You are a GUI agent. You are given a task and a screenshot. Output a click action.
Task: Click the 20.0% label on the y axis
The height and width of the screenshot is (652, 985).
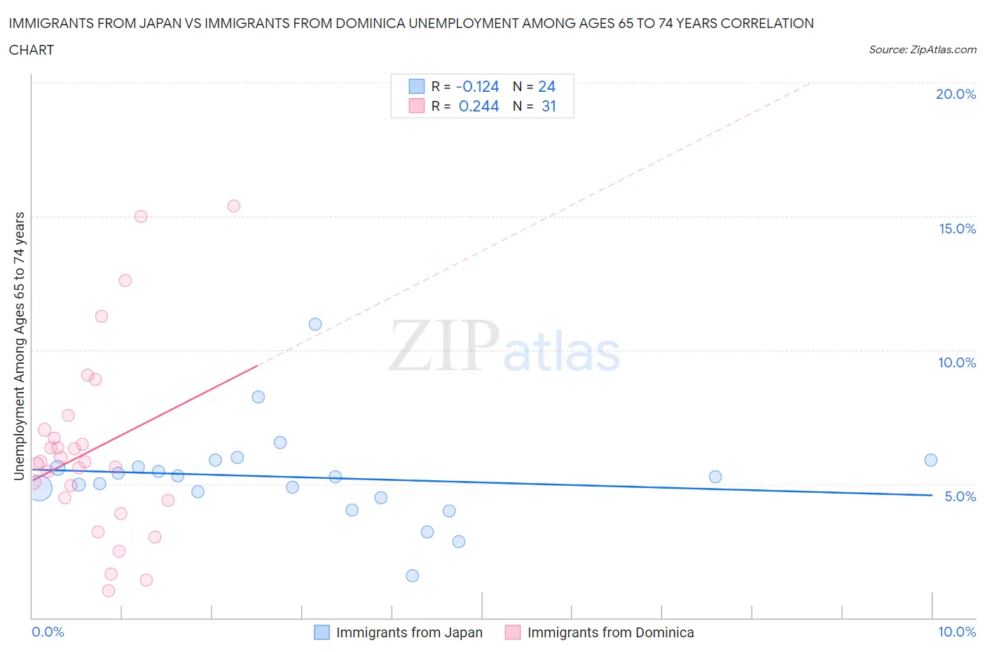(x=956, y=95)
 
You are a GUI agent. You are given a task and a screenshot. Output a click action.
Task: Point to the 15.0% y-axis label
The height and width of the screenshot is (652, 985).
(x=957, y=229)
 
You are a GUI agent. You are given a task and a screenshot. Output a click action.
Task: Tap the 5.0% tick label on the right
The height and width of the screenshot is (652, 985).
(x=960, y=496)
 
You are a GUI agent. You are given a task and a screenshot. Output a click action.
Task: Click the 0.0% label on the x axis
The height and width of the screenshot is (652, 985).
(x=48, y=632)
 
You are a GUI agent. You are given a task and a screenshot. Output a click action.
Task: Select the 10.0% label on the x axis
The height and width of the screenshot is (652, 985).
(x=957, y=632)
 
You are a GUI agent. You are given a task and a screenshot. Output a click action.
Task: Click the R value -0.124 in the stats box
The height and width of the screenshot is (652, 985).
(x=477, y=87)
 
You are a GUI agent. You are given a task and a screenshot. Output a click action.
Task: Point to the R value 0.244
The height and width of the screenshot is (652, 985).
(x=478, y=107)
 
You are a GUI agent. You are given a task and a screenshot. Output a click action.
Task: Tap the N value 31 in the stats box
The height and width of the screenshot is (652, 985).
(x=549, y=107)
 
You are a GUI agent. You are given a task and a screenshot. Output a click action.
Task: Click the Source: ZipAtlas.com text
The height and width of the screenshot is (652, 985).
(x=922, y=50)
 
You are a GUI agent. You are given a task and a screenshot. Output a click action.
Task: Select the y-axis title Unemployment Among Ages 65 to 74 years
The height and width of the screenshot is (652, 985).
(x=20, y=346)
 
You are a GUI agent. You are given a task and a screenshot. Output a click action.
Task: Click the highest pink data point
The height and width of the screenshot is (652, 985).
(x=234, y=206)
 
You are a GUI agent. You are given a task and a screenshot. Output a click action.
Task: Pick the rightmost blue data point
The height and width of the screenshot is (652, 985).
(x=930, y=460)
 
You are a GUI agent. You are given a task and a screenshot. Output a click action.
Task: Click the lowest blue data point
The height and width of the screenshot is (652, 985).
(x=413, y=576)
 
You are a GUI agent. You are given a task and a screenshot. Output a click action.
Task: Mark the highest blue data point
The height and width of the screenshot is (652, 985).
(x=315, y=324)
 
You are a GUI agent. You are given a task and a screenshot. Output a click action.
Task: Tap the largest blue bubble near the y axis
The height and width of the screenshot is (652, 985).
(x=40, y=487)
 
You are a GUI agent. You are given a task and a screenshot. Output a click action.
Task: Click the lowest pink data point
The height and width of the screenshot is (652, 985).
(x=109, y=590)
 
